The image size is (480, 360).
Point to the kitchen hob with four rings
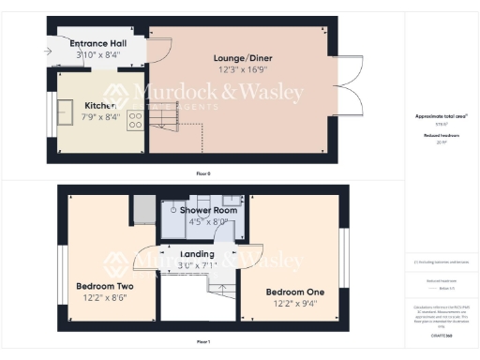[x=135, y=121]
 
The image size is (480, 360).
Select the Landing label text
[x=197, y=254]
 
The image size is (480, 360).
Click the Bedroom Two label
[x=104, y=286]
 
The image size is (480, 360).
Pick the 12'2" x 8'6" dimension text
[x=104, y=298]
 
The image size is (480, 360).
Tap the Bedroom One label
[x=292, y=291]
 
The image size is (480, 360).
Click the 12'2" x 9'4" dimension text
[x=292, y=303]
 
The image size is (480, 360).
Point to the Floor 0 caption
[x=203, y=174]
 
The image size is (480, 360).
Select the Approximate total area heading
[x=441, y=115]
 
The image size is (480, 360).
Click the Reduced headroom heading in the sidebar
[x=441, y=135]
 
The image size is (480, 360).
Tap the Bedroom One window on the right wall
[x=342, y=253]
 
